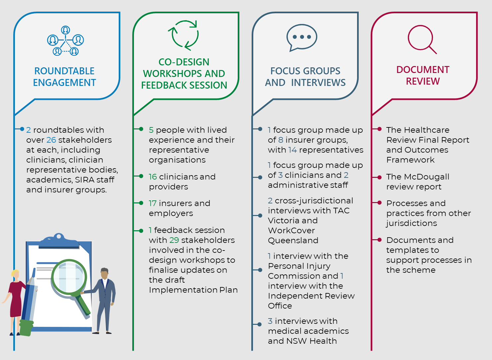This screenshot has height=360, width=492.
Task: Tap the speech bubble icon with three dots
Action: pos(301,37)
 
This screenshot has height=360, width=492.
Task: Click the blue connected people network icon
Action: pos(65,41)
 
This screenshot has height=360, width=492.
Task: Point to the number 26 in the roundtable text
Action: pos(51,140)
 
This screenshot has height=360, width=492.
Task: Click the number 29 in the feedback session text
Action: pos(174,240)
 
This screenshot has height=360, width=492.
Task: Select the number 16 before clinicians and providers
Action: pos(153,177)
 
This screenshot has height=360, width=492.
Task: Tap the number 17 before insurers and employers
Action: pos(153,203)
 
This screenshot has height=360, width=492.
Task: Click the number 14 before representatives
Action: pos(292,150)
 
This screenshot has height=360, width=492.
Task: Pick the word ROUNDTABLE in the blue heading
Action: pos(64,71)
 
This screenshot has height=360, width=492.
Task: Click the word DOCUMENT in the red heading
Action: pos(423,70)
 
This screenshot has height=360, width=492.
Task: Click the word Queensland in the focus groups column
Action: pos(293,241)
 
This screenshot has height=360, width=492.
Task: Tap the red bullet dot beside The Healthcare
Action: pos(379,129)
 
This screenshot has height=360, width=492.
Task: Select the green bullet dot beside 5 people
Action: pos(141,129)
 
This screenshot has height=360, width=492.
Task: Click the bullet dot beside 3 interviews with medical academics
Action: pos(260,324)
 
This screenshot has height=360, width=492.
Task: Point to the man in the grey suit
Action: pos(104,299)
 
